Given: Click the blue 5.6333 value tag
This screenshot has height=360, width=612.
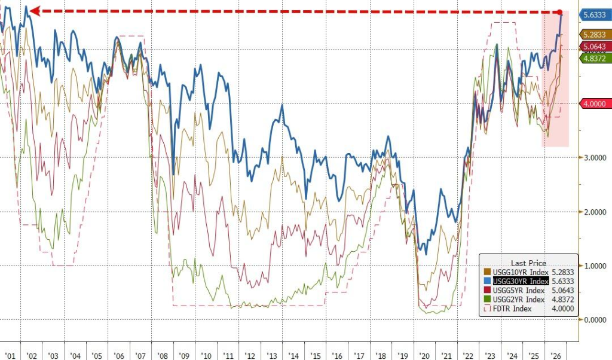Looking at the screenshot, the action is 594,15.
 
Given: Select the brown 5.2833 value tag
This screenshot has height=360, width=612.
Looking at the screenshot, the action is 594,35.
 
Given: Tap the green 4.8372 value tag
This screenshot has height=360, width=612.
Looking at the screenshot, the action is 594,59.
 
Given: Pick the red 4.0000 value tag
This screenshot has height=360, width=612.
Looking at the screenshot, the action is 594,104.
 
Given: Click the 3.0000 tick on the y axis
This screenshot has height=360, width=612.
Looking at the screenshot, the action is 595,158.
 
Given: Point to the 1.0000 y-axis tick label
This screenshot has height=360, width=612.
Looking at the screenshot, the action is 595,266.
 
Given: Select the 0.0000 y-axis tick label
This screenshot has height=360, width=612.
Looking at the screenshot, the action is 595,320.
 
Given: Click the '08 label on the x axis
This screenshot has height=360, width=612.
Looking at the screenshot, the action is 163,356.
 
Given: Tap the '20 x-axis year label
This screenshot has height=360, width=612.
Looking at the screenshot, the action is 424,356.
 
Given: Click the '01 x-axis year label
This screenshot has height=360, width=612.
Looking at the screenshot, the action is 10,356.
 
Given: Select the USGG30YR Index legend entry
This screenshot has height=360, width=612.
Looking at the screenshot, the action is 521,282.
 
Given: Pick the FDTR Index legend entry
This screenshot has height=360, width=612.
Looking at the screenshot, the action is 508,309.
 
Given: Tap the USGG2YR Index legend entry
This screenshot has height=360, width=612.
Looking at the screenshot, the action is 515,300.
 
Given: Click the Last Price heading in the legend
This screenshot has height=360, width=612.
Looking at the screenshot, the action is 528,263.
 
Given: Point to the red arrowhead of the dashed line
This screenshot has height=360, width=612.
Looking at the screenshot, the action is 34,11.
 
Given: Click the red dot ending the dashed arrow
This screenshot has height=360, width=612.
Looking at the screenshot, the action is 559,12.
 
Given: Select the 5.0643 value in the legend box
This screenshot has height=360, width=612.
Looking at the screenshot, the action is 563,291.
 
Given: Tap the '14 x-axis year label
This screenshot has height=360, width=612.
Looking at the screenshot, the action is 293,356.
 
